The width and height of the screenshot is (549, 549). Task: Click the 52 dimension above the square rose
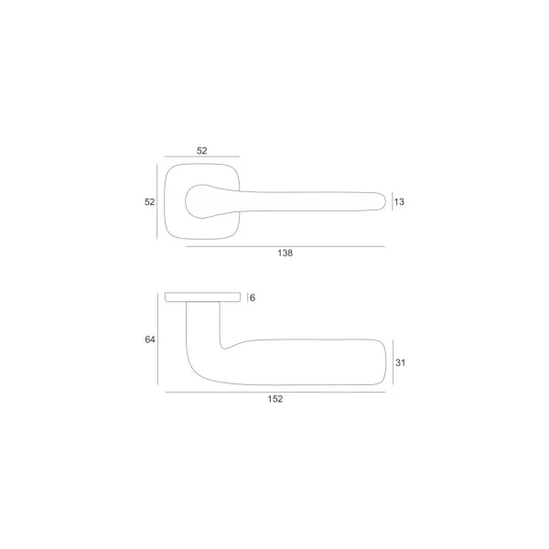tap(202, 151)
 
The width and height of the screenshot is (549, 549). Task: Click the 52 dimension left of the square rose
tap(149, 201)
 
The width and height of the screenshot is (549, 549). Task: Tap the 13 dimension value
tap(399, 201)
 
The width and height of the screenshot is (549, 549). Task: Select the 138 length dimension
tap(285, 253)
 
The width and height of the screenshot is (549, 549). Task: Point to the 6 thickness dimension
tap(253, 297)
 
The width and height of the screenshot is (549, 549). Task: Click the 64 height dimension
tap(150, 339)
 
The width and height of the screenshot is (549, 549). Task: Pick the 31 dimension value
tap(400, 362)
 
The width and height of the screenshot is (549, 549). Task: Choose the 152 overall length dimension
tap(275, 399)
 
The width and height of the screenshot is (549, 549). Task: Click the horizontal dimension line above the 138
tap(285, 246)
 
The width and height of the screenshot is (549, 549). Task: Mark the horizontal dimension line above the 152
tap(275, 393)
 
